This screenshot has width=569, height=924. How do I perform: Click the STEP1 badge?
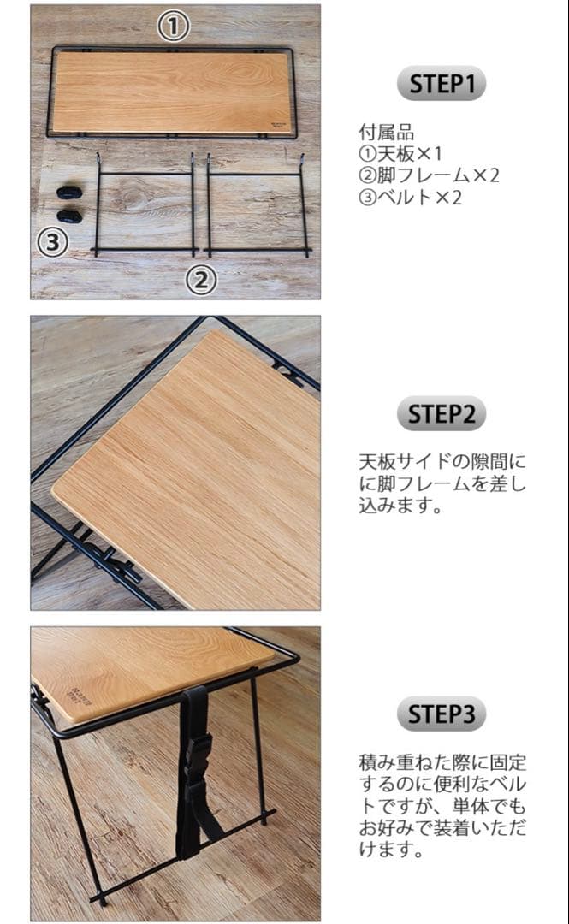pyautogui.click(x=441, y=84)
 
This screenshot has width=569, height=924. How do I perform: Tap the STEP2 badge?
pyautogui.click(x=441, y=414)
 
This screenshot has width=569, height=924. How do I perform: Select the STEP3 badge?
pyautogui.click(x=441, y=714)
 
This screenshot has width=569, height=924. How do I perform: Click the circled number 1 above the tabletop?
pyautogui.click(x=173, y=27)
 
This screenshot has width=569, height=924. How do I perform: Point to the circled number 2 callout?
pyautogui.click(x=201, y=280)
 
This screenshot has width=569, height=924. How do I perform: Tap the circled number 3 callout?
pyautogui.click(x=52, y=243)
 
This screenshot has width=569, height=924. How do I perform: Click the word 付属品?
pyautogui.click(x=386, y=133)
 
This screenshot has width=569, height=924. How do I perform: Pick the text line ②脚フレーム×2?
pyautogui.click(x=429, y=175)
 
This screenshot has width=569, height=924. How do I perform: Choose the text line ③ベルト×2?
pyautogui.click(x=410, y=197)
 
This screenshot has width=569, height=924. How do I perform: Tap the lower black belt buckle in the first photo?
pyautogui.click(x=69, y=216)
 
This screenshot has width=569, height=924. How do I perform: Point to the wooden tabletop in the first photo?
pyautogui.click(x=171, y=92)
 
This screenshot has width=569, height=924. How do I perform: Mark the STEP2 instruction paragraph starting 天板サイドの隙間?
pyautogui.click(x=442, y=483)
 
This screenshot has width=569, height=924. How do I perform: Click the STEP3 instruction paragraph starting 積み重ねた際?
pyautogui.click(x=442, y=805)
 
